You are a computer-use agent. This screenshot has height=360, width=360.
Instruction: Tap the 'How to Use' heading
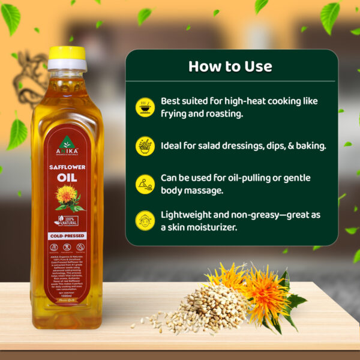click(230, 66)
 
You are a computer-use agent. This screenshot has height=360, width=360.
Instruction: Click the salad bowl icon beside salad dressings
click(145, 146)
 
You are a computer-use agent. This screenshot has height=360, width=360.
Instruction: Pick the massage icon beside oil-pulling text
click(145, 184)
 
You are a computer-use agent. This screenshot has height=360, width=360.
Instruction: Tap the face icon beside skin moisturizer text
click(145, 221)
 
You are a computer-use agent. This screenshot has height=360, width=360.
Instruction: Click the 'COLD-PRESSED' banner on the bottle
click(66, 236)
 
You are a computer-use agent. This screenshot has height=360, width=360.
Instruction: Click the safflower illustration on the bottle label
click(67, 198)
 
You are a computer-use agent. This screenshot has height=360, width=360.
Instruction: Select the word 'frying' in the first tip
click(176, 113)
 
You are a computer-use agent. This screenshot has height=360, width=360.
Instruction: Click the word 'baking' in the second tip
click(308, 146)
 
